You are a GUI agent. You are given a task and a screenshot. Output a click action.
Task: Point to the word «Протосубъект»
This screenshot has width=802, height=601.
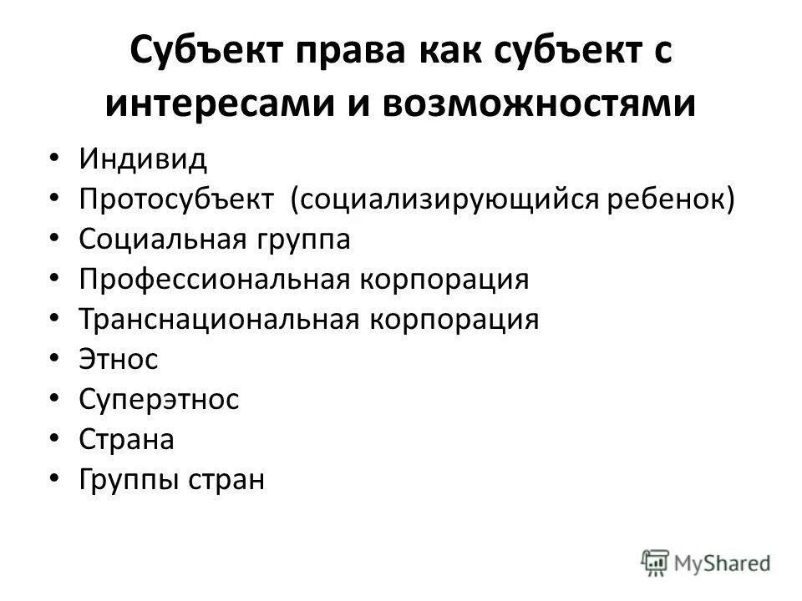click(x=178, y=199)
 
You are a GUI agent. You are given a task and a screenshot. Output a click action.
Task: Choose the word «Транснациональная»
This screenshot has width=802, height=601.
click(x=217, y=320)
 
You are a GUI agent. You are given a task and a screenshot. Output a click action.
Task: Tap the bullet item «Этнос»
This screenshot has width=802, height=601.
click(x=119, y=360)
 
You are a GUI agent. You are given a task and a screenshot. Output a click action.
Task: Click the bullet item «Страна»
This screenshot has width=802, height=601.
click(x=127, y=440)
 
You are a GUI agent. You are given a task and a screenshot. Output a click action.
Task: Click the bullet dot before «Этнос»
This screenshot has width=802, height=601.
click(x=54, y=359)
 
